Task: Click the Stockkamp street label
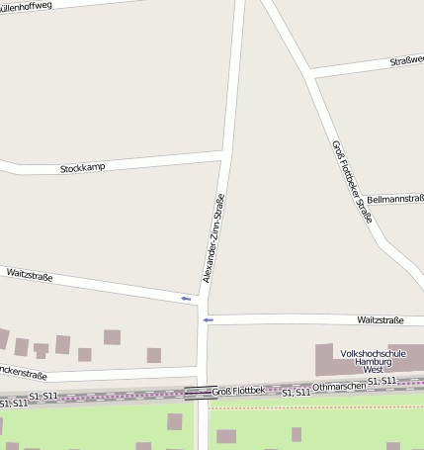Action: tap(82, 169)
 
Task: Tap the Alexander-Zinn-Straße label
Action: tap(213, 238)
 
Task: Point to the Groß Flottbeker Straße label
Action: tap(352, 181)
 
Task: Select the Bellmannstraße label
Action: tap(394, 200)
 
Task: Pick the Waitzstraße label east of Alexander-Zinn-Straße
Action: tap(381, 320)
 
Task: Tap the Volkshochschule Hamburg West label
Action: tap(373, 361)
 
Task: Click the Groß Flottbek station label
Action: tap(238, 392)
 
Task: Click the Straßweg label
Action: tap(405, 61)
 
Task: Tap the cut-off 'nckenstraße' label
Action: tap(24, 373)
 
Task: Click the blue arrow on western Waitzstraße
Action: tap(186, 298)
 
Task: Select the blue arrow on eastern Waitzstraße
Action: tap(208, 320)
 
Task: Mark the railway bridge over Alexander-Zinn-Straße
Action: tap(201, 393)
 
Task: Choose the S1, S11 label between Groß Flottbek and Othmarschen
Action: tap(296, 394)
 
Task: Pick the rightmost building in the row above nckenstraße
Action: tap(153, 355)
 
